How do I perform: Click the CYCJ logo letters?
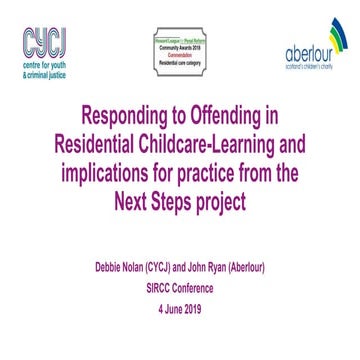(x=45, y=41)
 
